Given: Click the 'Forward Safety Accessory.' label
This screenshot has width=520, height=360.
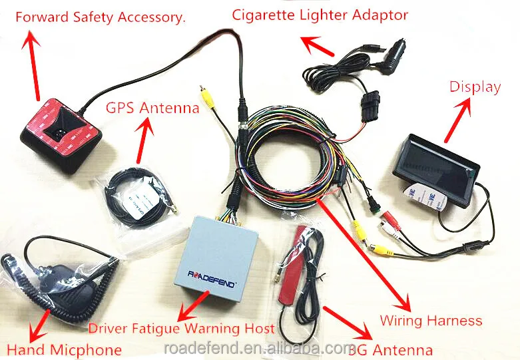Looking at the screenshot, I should [x=100, y=17].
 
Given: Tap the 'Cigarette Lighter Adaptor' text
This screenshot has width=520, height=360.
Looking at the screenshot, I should [x=320, y=14].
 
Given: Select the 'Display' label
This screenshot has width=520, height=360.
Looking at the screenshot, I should [x=475, y=87].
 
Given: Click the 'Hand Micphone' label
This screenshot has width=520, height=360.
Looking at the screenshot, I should [x=64, y=349].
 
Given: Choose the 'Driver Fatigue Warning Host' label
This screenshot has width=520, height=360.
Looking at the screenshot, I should [x=181, y=328].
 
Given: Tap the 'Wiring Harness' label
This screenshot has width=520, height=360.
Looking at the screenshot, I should [x=431, y=321].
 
